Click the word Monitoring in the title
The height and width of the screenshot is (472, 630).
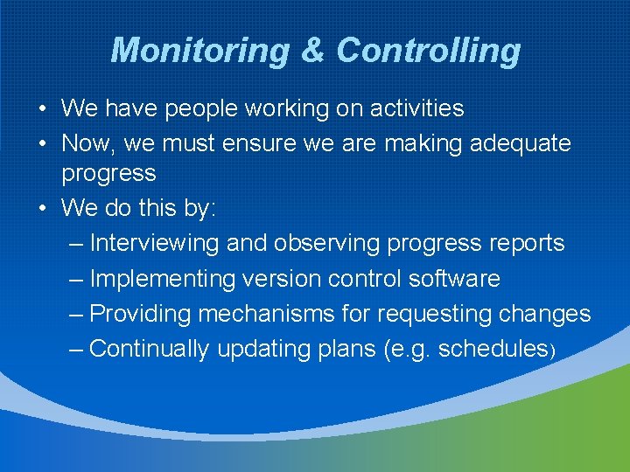199,51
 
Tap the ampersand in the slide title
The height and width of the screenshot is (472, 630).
312,51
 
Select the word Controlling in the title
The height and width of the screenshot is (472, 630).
428,51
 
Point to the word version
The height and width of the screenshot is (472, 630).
281,279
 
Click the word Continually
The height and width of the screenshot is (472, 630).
150,349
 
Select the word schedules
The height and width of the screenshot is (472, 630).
493,349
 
